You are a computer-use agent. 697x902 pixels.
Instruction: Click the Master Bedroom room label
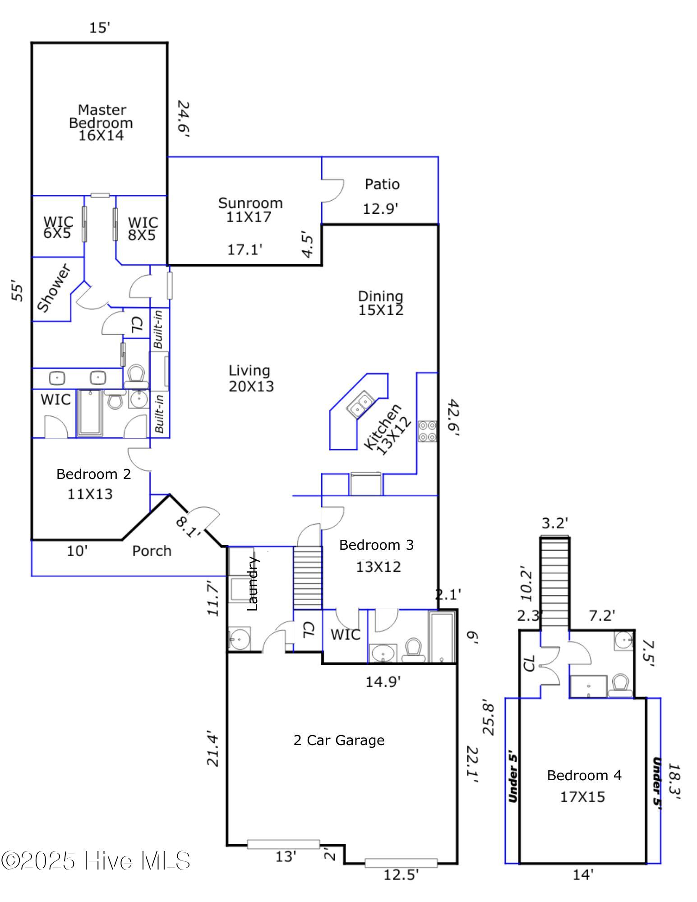101,123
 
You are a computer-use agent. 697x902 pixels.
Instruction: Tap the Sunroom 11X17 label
250,210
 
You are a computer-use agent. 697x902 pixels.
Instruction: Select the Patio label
382,184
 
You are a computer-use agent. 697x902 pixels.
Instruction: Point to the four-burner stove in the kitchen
427,431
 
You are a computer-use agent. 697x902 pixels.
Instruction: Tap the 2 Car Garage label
339,740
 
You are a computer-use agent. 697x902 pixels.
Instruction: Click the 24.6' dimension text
183,119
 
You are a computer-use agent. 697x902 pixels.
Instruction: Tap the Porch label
152,551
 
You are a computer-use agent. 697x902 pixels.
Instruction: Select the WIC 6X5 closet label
58,227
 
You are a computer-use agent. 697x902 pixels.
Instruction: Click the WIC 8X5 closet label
143,229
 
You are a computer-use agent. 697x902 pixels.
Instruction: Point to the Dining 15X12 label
381,303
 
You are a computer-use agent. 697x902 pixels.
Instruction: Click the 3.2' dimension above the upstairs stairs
554,523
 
